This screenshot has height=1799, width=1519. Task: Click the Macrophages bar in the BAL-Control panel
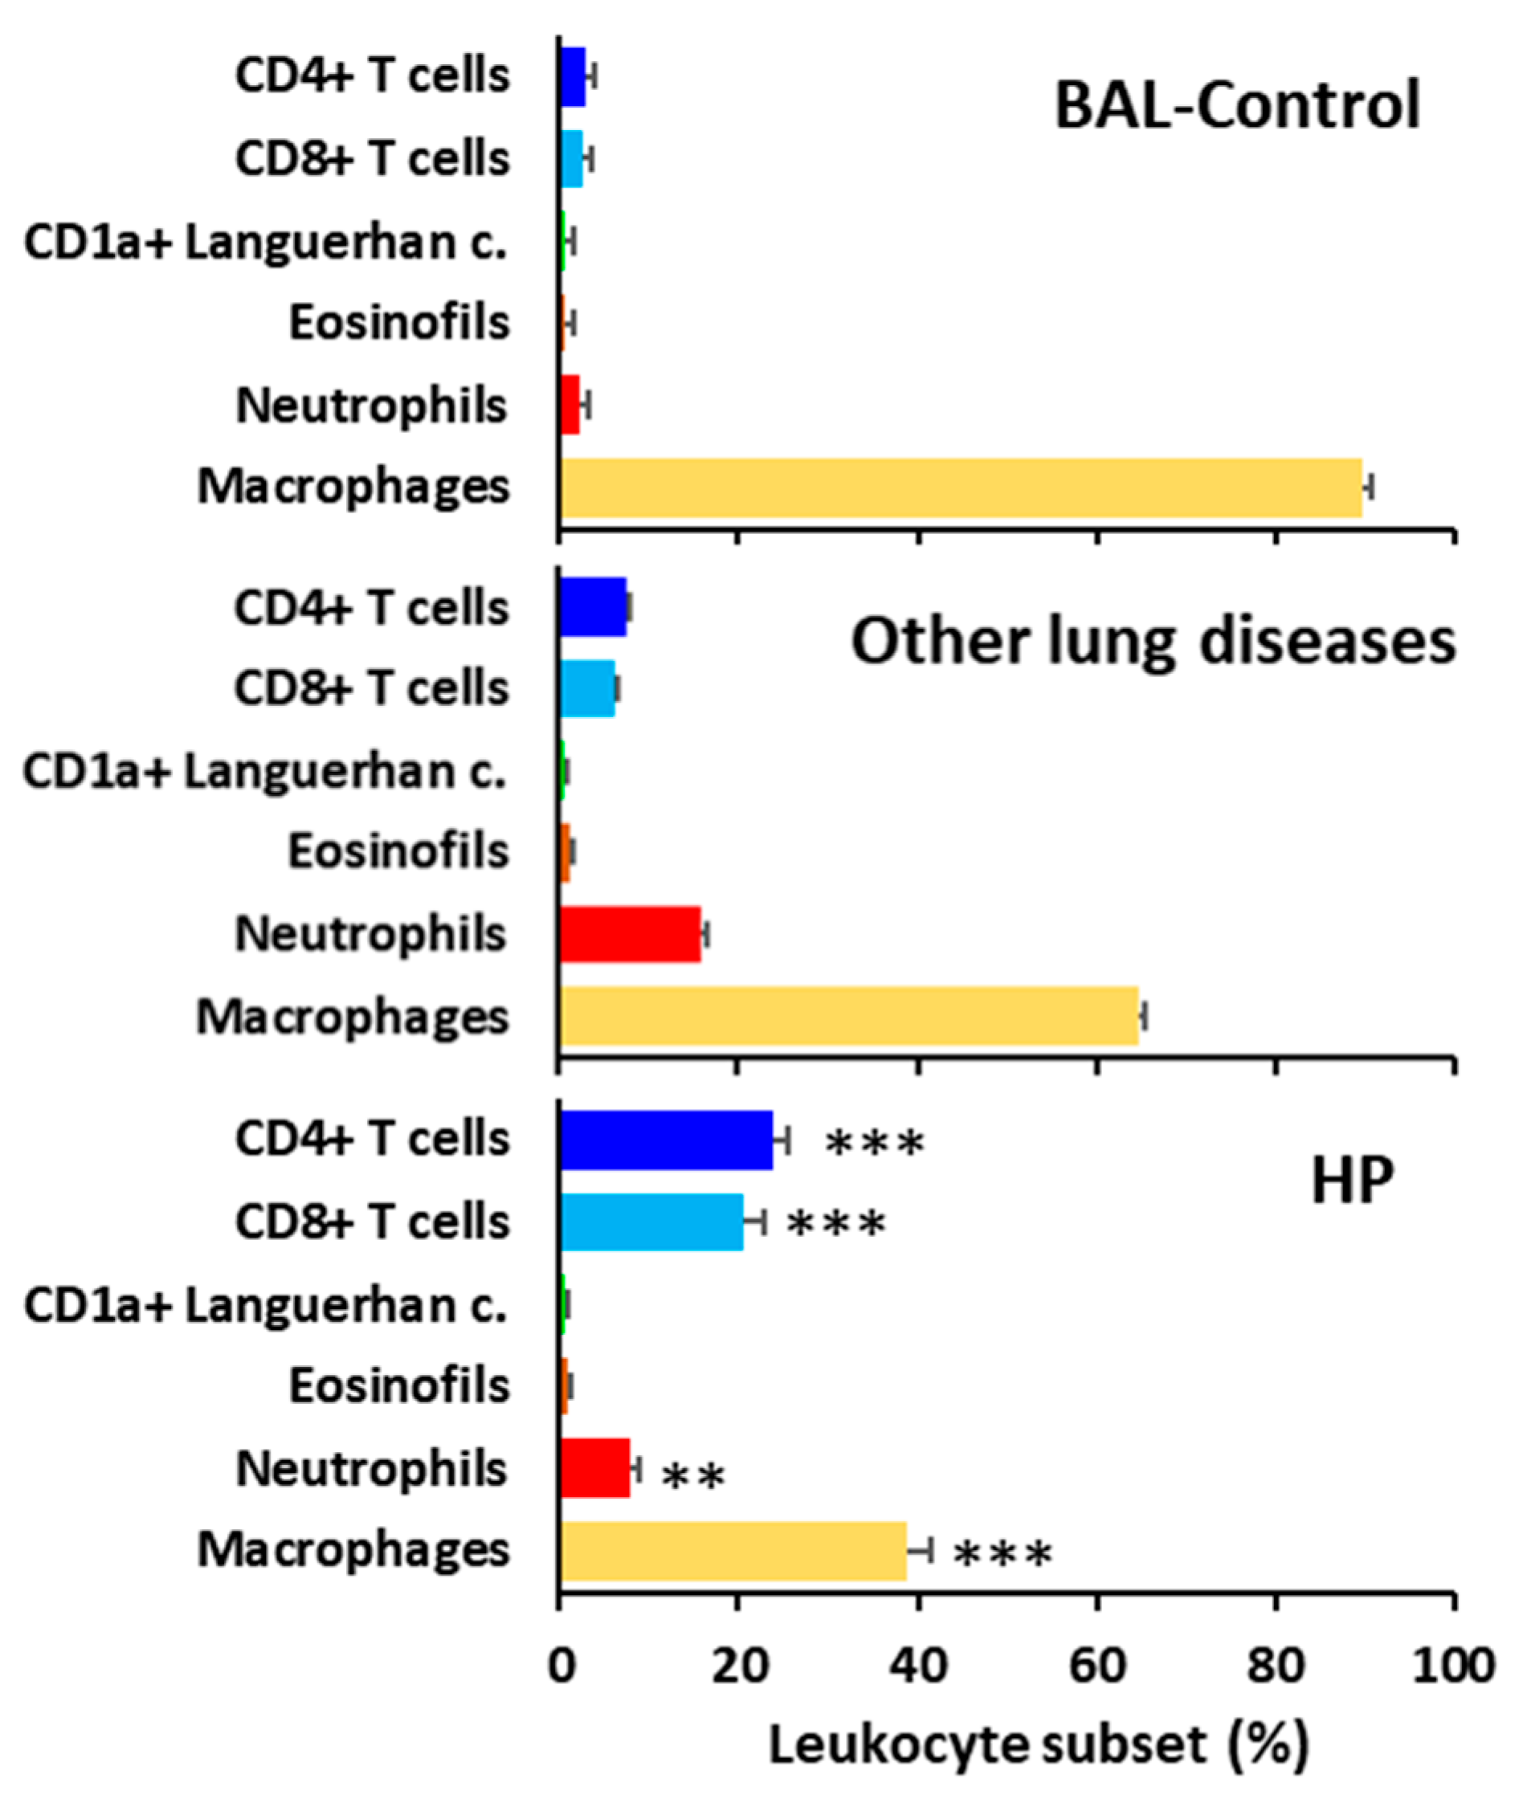960,487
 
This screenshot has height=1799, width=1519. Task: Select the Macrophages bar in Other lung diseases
848,1017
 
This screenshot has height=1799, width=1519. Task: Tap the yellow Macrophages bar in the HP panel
733,1550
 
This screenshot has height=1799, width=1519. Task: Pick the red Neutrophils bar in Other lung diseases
631,934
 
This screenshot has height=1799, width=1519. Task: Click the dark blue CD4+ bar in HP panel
666,1140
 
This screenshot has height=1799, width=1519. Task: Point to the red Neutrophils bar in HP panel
595,1468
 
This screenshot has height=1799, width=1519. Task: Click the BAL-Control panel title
1237,106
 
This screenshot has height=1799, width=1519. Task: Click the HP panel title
1351,1181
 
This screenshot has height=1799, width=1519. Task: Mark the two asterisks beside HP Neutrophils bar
694,1477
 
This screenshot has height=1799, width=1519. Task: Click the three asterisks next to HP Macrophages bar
1003,1555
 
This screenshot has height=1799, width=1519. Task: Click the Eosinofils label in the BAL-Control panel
398,323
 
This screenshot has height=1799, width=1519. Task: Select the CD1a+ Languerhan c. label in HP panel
265,1305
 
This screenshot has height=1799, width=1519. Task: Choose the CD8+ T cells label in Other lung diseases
371,687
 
